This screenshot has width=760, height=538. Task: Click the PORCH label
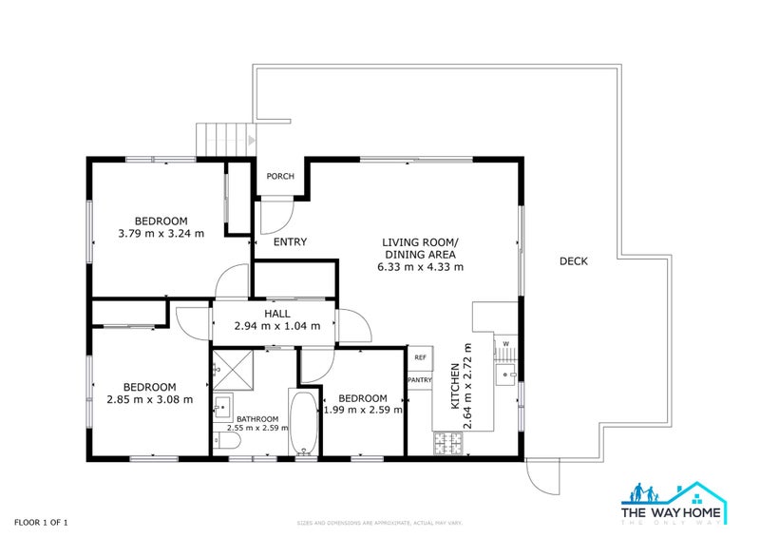279,177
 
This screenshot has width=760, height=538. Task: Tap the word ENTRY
290,242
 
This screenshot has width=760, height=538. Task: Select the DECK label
573,261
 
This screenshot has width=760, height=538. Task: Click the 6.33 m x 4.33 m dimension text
420,267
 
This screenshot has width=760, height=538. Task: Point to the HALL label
276,313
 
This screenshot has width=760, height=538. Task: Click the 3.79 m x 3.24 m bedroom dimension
161,233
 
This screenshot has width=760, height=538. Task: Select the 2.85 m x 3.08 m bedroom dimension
149,399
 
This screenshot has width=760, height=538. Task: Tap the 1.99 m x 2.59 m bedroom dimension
362,411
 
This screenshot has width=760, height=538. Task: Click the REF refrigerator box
419,358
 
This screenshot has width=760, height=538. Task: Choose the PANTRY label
419,380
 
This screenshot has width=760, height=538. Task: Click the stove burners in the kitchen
447,443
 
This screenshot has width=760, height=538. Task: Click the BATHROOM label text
256,419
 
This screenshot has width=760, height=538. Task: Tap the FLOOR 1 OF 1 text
41,522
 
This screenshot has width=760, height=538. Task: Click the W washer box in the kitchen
505,344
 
